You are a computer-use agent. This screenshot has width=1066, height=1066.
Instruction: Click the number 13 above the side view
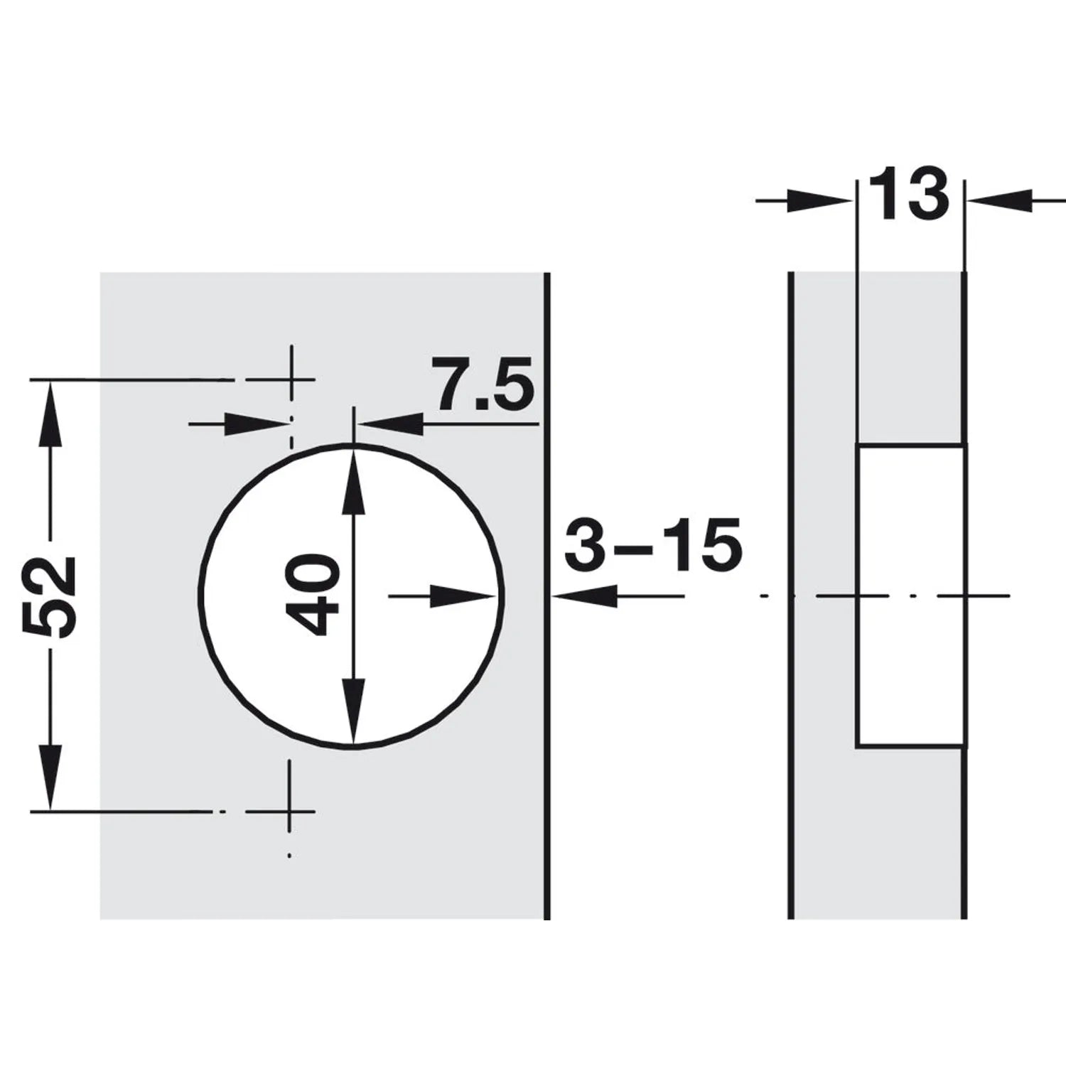click(x=909, y=193)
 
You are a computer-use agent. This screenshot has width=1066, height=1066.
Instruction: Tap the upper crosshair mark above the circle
click(x=290, y=380)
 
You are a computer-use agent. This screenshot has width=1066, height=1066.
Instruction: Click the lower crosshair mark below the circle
click(x=290, y=811)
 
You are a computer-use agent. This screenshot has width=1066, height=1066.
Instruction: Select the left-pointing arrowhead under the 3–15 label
click(x=585, y=596)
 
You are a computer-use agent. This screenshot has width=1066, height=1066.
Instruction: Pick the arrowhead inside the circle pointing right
click(x=462, y=596)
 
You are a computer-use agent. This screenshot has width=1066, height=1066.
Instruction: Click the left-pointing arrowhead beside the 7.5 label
click(x=390, y=424)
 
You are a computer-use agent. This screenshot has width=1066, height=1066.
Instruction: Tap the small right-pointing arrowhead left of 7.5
click(x=256, y=424)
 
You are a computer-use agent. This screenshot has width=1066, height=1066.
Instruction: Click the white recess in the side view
click(x=910, y=596)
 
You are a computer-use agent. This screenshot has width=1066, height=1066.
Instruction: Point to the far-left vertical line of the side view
click(x=791, y=596)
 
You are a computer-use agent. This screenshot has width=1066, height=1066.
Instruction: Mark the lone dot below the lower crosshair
click(x=289, y=855)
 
